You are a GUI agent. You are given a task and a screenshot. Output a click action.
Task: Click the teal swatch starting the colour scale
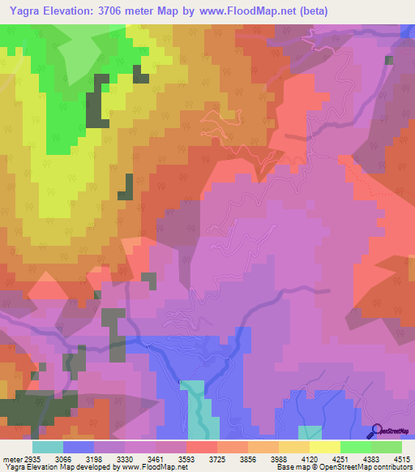point(48,447)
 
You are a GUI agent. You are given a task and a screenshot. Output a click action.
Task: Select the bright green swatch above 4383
point(356,447)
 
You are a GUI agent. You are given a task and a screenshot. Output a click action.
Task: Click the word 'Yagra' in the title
point(28,11)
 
